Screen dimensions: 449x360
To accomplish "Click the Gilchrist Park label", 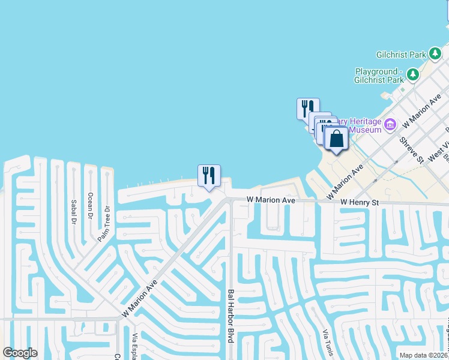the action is (401, 55).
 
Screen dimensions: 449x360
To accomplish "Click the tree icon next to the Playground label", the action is (413, 74).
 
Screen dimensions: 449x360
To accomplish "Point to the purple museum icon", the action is (391, 125).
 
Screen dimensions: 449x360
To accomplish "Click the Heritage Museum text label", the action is (360, 125).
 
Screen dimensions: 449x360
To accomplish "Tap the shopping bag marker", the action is (336, 139).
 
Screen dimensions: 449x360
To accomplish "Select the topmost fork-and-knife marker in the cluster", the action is (308, 109).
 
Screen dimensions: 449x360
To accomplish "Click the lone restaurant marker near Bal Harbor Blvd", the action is (209, 175).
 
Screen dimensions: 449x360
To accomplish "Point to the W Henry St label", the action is (360, 203).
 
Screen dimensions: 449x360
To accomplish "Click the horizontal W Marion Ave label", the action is (271, 199).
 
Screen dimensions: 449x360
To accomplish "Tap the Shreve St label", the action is (412, 150).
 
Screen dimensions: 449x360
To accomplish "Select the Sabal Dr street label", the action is (74, 212).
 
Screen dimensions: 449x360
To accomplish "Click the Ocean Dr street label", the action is (91, 206).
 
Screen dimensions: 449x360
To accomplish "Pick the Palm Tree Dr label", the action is (104, 224).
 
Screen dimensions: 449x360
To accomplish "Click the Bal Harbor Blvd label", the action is (231, 324).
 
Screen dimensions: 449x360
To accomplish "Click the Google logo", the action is (20, 353).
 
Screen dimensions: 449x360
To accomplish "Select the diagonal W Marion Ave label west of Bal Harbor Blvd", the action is (139, 298).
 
